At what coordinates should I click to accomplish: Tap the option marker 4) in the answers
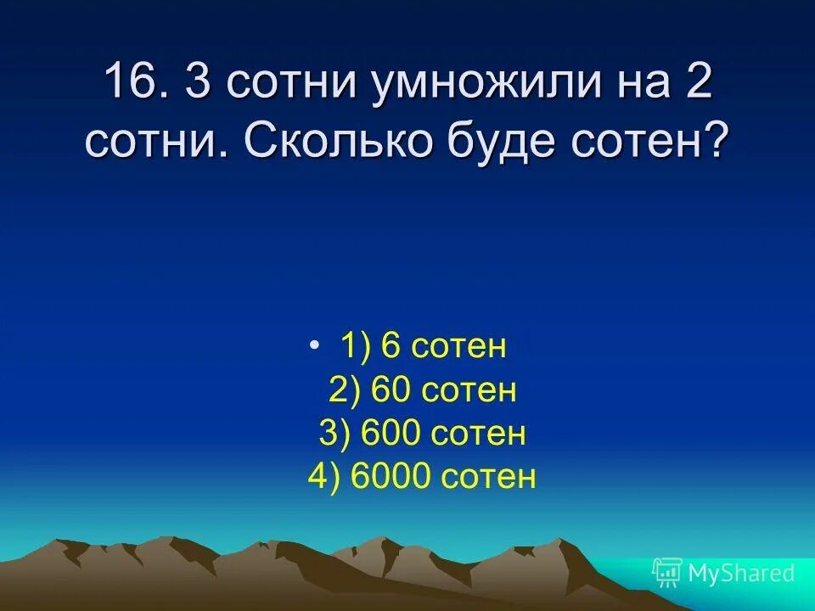pyautogui.click(x=323, y=477)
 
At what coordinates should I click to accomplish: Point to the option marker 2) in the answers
pyautogui.click(x=345, y=390)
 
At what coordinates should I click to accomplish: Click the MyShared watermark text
pyautogui.click(x=741, y=573)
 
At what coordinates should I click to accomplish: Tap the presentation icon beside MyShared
pyautogui.click(x=667, y=573)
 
